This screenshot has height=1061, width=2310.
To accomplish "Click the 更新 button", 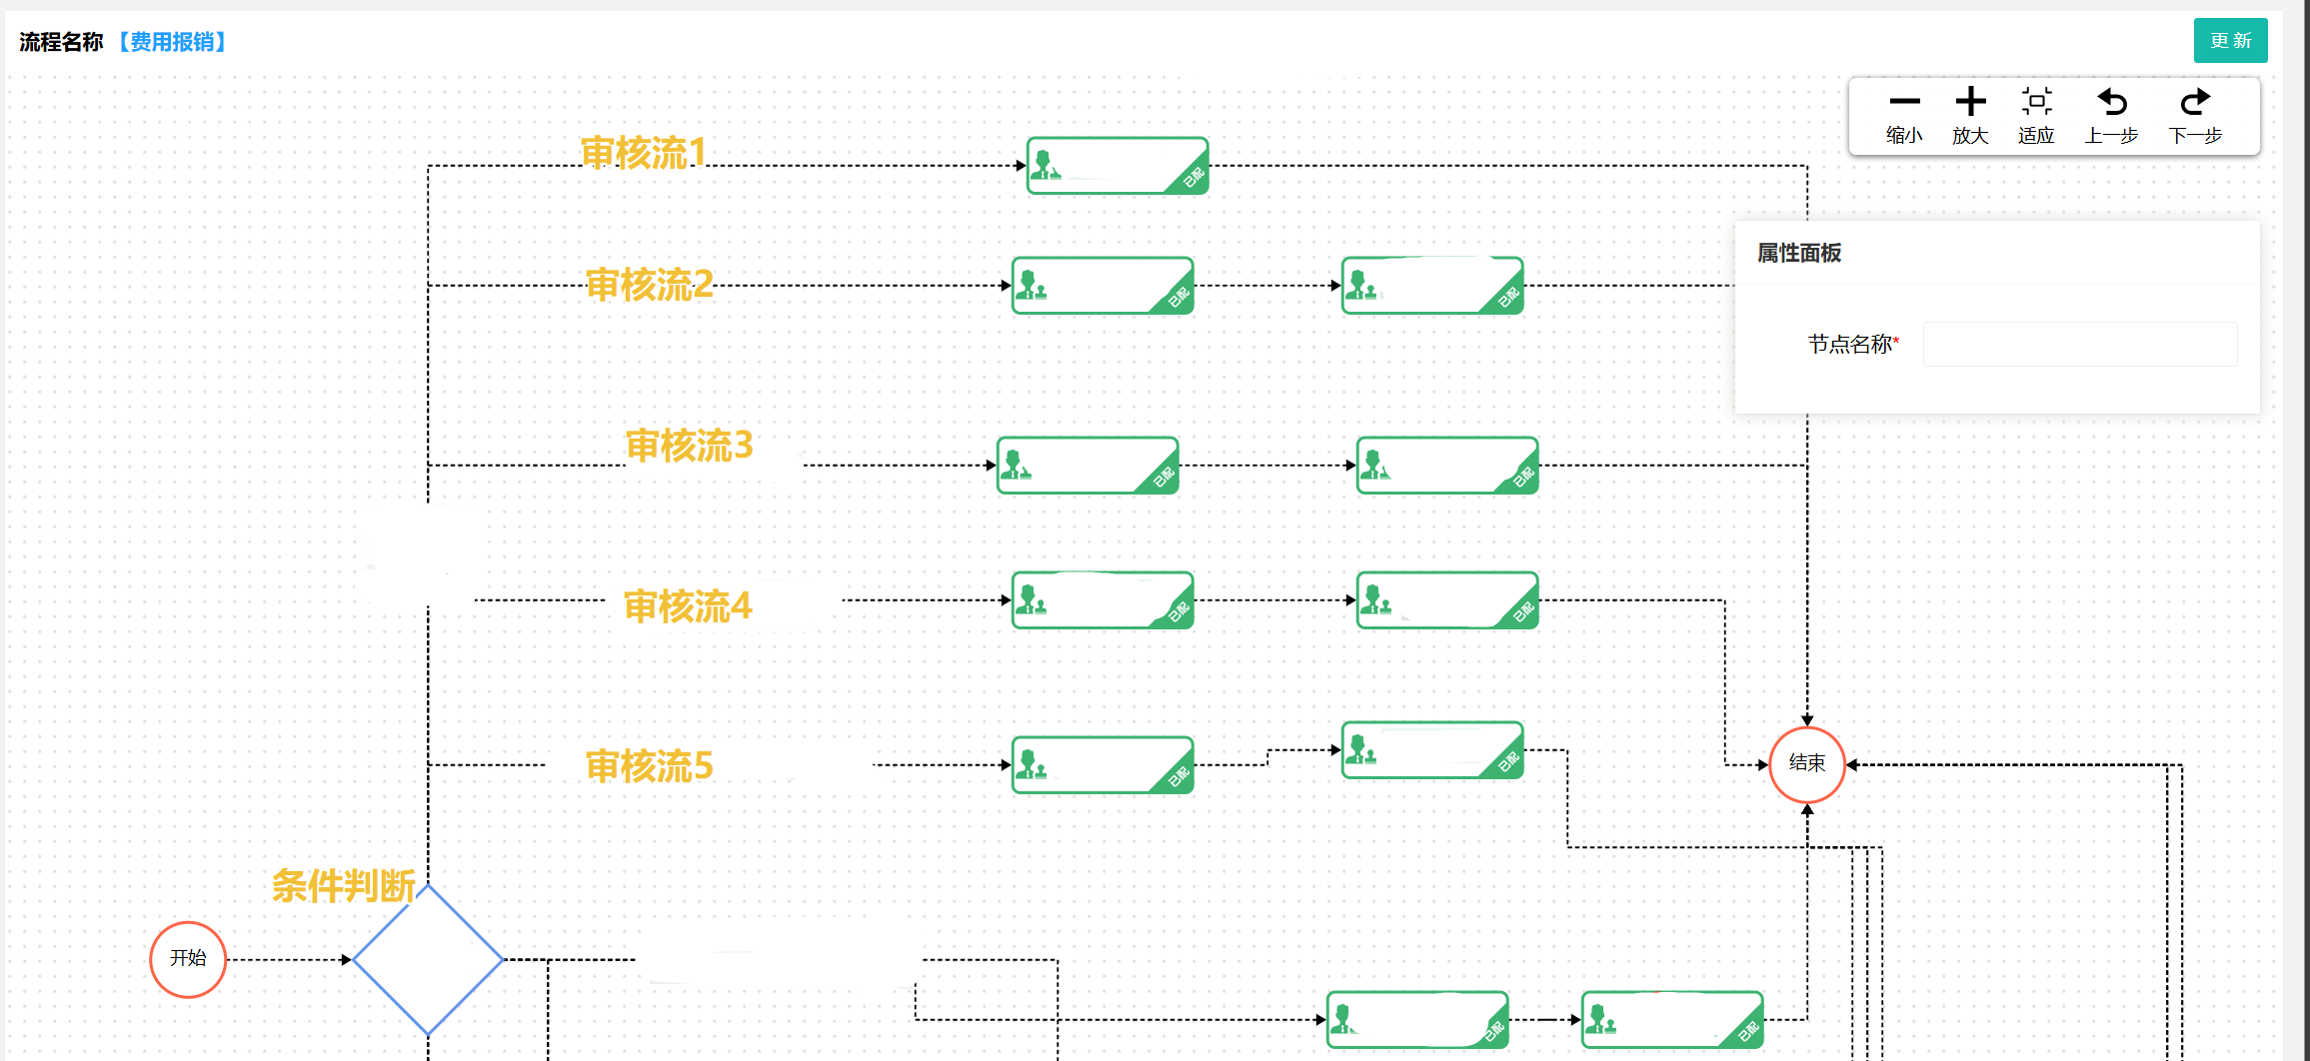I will click(2229, 41).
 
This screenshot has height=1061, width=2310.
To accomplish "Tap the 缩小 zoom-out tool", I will click(1904, 116).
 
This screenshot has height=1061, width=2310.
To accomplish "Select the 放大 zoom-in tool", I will click(1970, 116).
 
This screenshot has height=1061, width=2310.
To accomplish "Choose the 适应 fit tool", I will click(2036, 116).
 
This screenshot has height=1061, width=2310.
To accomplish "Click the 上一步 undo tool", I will click(2111, 116).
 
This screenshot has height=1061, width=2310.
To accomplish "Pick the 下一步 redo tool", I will click(2195, 116).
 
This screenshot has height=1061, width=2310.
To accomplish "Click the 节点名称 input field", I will click(2079, 345).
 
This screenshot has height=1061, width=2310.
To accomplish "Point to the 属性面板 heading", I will click(1799, 253).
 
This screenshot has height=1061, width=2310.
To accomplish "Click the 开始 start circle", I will click(188, 959).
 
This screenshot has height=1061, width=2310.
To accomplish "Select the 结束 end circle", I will click(1806, 764).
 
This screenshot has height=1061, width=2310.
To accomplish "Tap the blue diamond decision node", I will click(428, 959).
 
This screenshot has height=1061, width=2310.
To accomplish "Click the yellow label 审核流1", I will click(644, 153).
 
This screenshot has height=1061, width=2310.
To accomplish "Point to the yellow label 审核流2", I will click(649, 285).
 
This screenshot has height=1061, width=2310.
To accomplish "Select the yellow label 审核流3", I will click(689, 446).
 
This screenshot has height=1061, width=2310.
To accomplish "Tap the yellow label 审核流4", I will click(688, 606).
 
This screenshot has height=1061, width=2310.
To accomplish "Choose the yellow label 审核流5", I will click(649, 766).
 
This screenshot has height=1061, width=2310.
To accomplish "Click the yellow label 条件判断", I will click(343, 886).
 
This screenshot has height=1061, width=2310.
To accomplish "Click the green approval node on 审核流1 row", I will click(1118, 166).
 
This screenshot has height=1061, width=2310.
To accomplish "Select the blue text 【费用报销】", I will click(172, 42).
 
